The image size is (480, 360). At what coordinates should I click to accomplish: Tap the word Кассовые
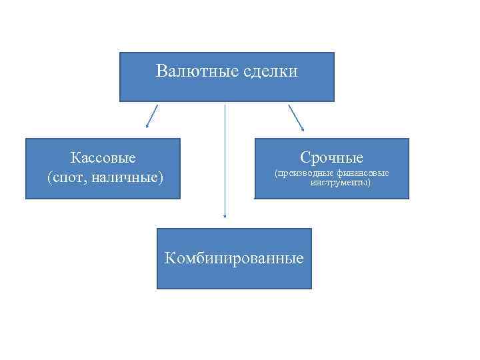click(103, 158)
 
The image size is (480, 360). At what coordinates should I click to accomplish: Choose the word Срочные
click(331, 158)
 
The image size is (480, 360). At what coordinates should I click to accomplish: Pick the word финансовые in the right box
click(363, 173)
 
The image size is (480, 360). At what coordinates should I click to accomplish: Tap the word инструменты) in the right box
click(340, 182)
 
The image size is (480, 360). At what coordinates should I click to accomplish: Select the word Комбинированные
click(234, 258)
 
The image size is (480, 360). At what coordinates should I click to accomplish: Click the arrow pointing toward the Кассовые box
click(152, 115)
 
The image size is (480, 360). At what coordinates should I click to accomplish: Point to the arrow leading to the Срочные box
click(296, 117)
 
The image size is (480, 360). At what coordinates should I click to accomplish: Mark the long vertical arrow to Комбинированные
click(225, 160)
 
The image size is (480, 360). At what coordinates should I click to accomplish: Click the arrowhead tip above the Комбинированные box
click(225, 216)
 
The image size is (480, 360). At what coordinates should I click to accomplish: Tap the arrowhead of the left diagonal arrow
click(147, 125)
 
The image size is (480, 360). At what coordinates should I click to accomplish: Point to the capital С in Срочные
click(305, 158)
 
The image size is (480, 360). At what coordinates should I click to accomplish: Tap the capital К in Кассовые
click(74, 158)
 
